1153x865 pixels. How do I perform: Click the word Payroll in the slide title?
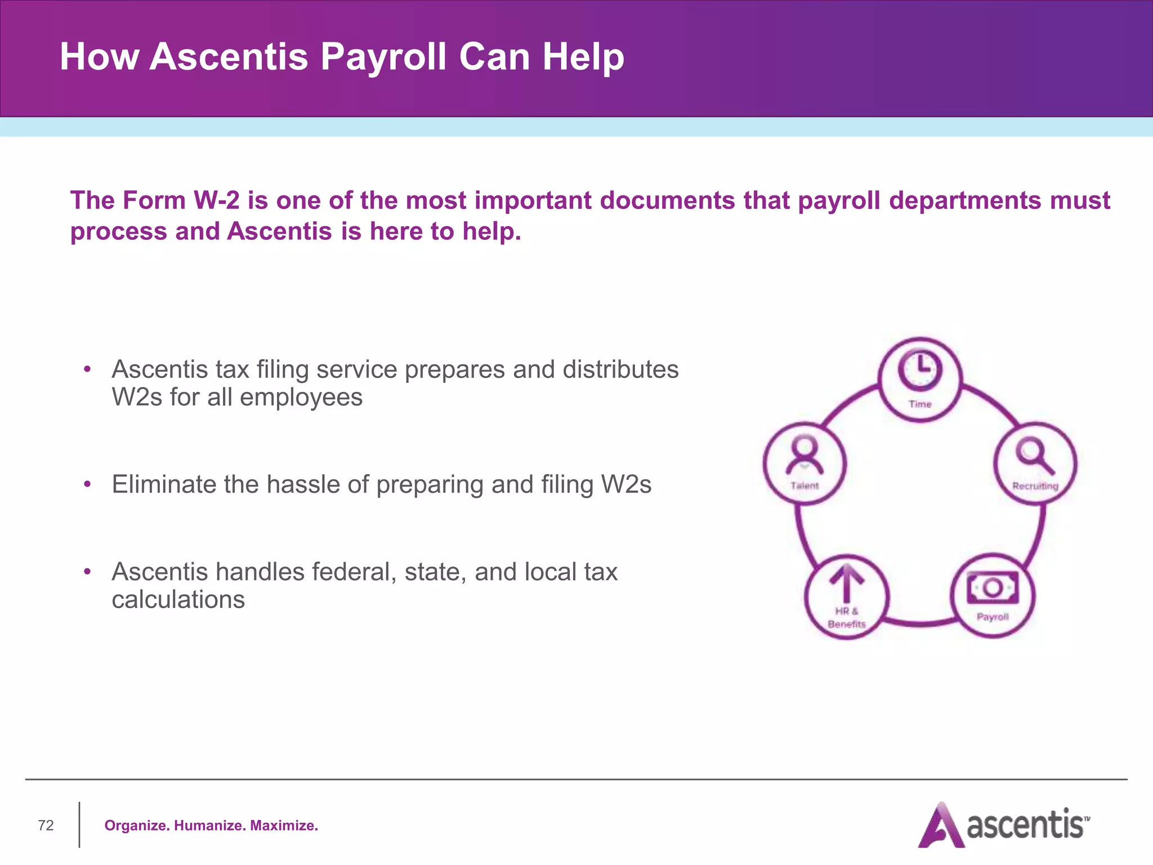tap(383, 57)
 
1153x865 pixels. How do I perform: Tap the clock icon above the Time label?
tap(920, 369)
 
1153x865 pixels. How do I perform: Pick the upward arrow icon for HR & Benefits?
tap(846, 583)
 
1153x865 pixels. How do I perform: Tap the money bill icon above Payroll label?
tap(993, 588)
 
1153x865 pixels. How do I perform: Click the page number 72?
tap(46, 826)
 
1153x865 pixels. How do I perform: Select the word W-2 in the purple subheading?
tap(216, 200)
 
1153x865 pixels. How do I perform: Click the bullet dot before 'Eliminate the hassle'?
tap(87, 484)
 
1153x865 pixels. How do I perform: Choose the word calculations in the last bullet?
tap(178, 600)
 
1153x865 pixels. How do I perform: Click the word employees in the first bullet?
tap(301, 398)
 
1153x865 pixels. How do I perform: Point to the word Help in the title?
tap(583, 57)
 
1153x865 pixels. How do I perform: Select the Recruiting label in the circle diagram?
tap(1035, 486)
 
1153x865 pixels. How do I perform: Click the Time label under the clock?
tap(920, 404)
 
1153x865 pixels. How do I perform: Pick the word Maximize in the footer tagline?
tap(284, 826)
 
